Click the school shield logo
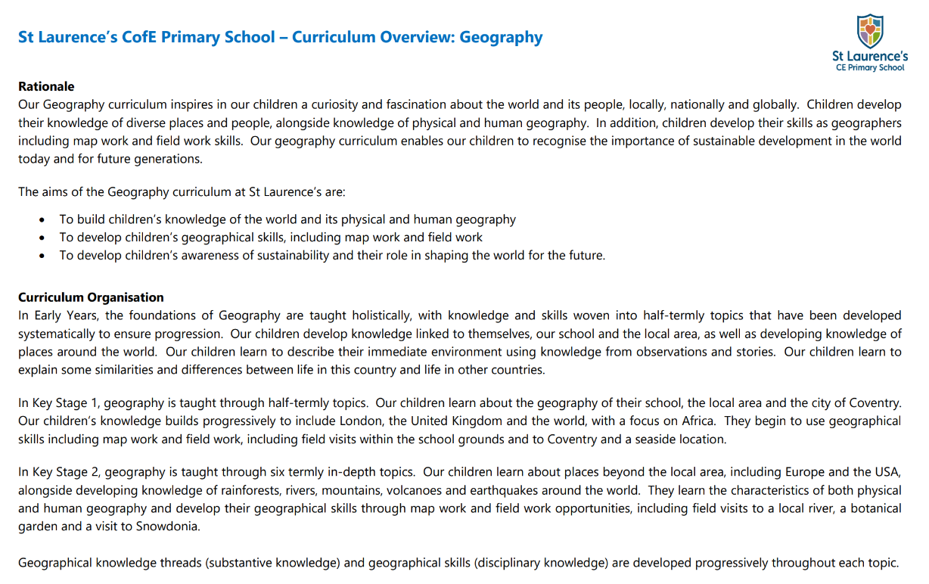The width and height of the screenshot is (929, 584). [870, 31]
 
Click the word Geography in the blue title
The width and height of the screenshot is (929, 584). [501, 37]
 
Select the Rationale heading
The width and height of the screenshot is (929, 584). [46, 86]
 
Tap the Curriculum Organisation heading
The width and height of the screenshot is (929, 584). [91, 297]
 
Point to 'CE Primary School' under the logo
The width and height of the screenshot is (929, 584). [870, 67]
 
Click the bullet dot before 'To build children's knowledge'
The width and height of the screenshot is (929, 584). [42, 219]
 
